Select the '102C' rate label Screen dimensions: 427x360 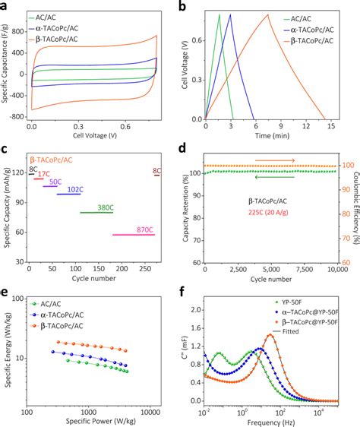[75, 188]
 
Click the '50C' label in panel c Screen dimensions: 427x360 [55, 182]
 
